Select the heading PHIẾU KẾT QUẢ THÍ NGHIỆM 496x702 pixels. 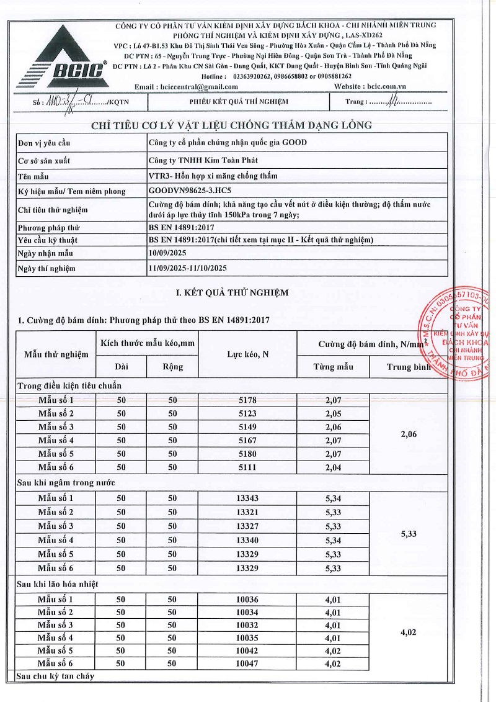click(x=239, y=102)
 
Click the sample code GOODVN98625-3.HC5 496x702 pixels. click(x=194, y=191)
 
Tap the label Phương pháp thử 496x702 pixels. click(x=49, y=228)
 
